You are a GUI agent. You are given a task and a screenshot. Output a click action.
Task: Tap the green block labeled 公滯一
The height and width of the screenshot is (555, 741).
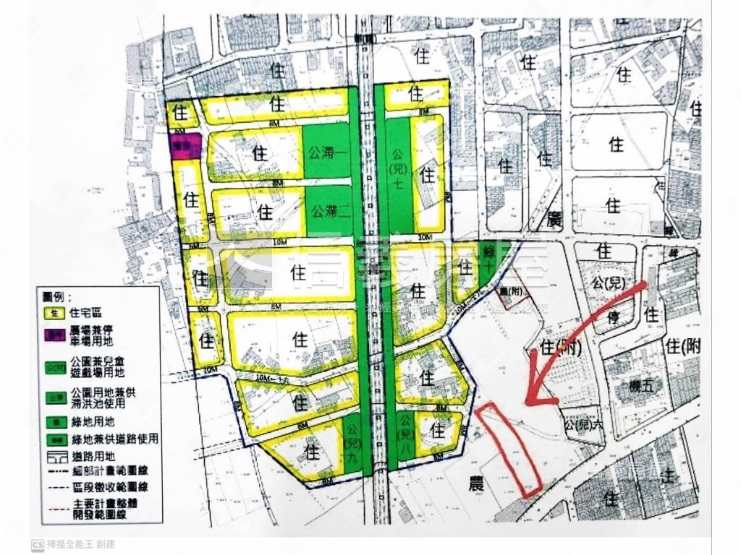[x=326, y=152]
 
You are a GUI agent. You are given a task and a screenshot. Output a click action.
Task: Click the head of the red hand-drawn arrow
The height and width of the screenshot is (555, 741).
[x=533, y=396]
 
